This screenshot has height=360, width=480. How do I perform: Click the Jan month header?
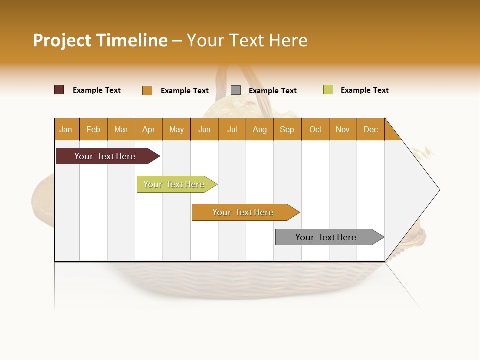click(66, 129)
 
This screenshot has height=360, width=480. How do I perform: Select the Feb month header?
click(93, 129)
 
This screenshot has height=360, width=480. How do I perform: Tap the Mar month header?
click(121, 129)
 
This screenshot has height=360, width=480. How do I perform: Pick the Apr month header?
click(149, 129)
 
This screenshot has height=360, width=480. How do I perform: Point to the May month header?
click(176, 129)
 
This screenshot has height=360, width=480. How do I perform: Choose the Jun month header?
click(204, 129)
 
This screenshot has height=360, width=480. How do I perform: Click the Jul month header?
click(232, 129)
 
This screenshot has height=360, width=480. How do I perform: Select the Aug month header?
click(260, 129)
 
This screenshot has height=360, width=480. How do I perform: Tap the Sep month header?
click(287, 129)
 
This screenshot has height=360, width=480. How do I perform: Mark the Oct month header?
click(315, 129)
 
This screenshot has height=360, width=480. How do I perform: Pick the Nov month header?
click(343, 129)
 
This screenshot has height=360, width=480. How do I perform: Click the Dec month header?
click(371, 129)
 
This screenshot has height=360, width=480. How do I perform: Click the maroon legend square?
click(59, 90)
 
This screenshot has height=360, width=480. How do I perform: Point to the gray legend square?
click(236, 90)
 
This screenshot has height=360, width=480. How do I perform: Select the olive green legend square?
click(328, 90)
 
